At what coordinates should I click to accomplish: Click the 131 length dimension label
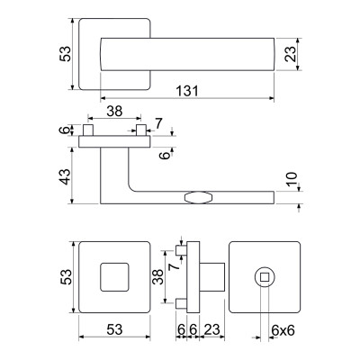(187, 91)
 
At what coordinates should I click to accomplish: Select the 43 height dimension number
(66, 176)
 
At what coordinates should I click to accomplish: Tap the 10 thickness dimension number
(292, 179)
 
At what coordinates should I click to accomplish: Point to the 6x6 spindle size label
(283, 330)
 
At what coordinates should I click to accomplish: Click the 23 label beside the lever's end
(291, 54)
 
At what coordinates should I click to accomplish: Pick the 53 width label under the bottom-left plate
(114, 329)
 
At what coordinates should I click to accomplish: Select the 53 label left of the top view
(66, 54)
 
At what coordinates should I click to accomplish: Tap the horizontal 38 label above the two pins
(114, 112)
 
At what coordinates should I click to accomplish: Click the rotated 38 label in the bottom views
(158, 277)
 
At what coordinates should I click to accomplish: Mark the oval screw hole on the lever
(199, 198)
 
